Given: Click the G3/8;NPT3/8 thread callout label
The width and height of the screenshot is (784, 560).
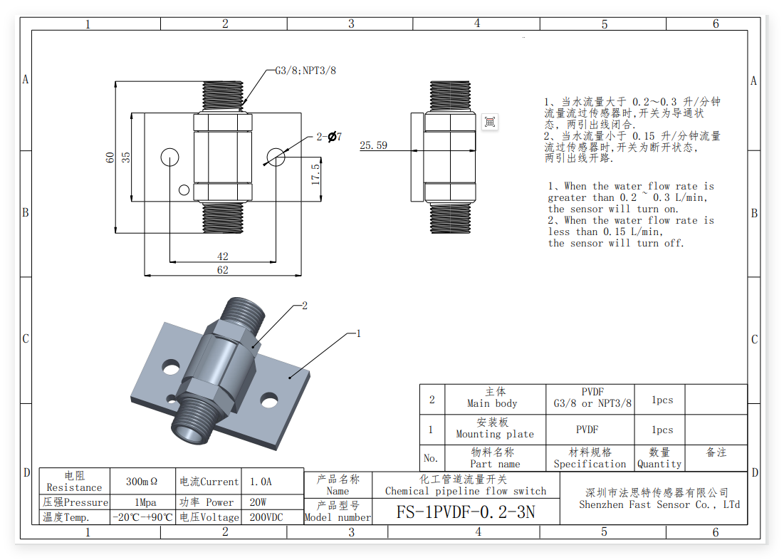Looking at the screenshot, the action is pos(305,71).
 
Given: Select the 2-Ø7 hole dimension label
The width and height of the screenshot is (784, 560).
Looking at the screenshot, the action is pos(329,137).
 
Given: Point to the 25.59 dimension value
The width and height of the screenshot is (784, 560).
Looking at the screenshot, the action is pos(374,145).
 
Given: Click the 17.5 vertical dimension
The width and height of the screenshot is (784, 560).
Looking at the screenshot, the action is pos(315,175).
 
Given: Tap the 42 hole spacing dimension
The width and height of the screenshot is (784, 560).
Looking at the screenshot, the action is pos(222,256).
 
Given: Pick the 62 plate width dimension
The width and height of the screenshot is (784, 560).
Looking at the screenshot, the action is pos(222,270).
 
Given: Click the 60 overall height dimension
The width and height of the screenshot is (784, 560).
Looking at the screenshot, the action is pos(110,157).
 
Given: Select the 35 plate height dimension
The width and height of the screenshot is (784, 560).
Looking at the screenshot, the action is pos(126,157).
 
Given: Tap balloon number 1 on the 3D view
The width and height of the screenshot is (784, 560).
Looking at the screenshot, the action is pos(358,333).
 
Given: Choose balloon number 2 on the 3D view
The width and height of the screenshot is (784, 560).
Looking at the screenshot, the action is pos(305,305).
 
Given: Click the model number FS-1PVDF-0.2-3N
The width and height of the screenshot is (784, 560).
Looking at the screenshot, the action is pos(466,512).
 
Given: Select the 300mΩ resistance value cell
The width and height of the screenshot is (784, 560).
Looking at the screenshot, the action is pos(142,482).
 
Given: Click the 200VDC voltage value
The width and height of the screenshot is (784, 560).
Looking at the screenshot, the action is pos(266,517).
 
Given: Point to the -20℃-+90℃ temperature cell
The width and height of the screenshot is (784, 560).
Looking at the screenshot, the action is pos(142,517).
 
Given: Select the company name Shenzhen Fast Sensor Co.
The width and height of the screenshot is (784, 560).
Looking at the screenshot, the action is pos(659,504).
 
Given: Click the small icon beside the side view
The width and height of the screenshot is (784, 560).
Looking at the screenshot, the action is pos(489,122).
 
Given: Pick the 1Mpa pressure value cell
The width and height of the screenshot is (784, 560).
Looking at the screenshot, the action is pos(145,502).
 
